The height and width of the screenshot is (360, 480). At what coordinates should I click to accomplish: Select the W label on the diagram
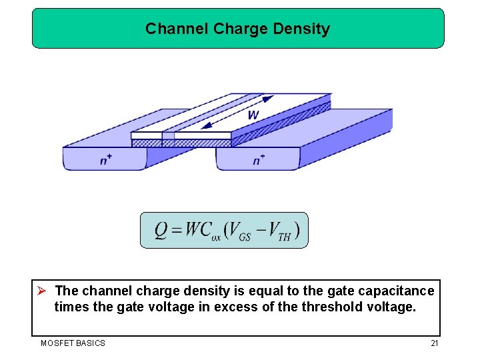click(253, 115)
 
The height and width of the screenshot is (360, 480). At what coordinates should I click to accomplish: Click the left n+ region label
click(105, 161)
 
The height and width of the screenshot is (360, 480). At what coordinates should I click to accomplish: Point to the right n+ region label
click(259, 161)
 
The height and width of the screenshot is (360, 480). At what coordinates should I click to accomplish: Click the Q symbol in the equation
click(161, 231)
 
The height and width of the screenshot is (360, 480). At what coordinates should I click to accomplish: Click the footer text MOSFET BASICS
click(73, 343)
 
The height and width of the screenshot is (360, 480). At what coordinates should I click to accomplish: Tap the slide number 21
click(434, 343)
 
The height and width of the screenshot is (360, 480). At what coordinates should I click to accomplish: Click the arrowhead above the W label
click(268, 99)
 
